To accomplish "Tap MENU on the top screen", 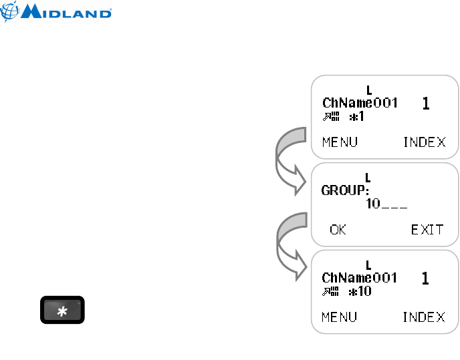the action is [339, 142].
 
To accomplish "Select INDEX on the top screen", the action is [424, 142].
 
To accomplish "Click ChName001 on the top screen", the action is [360, 104].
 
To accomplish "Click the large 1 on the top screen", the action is [426, 104].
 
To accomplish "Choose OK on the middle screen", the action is [338, 229].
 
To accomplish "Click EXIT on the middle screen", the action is [427, 229].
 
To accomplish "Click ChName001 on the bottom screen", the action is [360, 277].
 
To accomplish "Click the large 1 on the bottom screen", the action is [426, 278].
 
